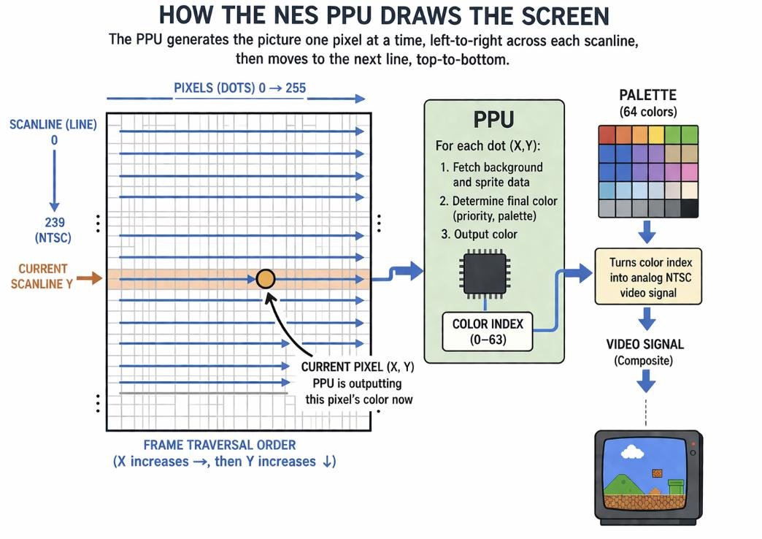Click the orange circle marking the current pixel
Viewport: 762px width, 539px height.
[266, 278]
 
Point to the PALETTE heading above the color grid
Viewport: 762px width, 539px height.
[647, 96]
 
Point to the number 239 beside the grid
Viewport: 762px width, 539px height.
[53, 223]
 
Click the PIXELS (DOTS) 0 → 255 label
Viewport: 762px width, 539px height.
[239, 88]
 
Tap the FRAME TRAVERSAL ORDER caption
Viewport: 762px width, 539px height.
[220, 445]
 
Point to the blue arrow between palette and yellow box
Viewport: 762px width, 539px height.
[647, 233]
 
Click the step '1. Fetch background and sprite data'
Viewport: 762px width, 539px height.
[491, 175]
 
